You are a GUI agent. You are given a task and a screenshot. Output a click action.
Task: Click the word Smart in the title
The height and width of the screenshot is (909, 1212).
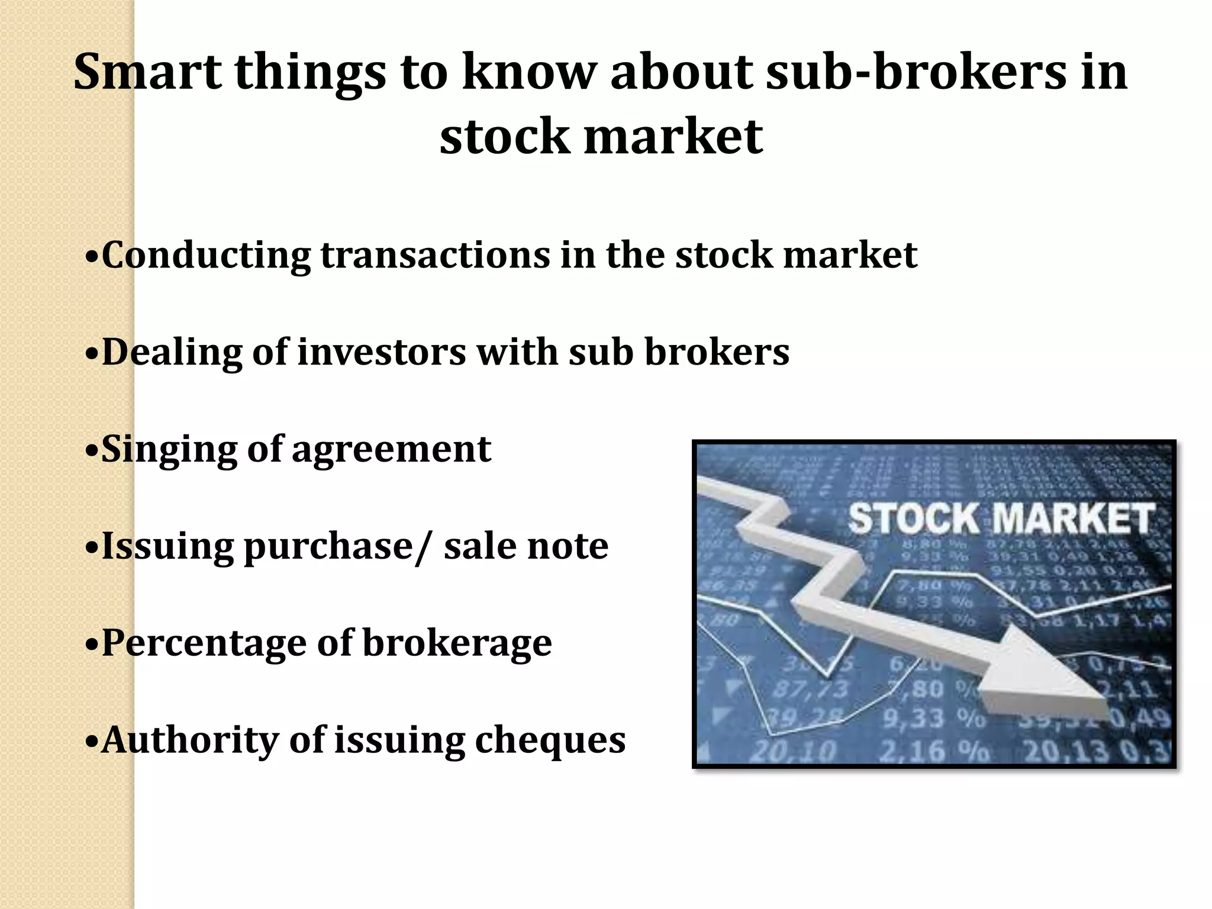[147, 72]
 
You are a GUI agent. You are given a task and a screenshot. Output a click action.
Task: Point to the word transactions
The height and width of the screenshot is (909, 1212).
[435, 255]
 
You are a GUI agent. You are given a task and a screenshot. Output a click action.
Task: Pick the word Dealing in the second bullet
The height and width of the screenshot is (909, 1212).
[172, 353]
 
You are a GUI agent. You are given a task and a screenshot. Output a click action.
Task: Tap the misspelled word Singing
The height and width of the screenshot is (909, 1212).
[169, 450]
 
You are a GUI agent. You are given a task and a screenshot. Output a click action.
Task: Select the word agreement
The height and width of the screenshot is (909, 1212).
[391, 450]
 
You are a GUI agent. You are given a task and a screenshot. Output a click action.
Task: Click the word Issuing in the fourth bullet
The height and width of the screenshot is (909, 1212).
[168, 547]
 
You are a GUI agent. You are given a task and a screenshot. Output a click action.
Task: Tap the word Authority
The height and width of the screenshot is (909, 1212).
[189, 740]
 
